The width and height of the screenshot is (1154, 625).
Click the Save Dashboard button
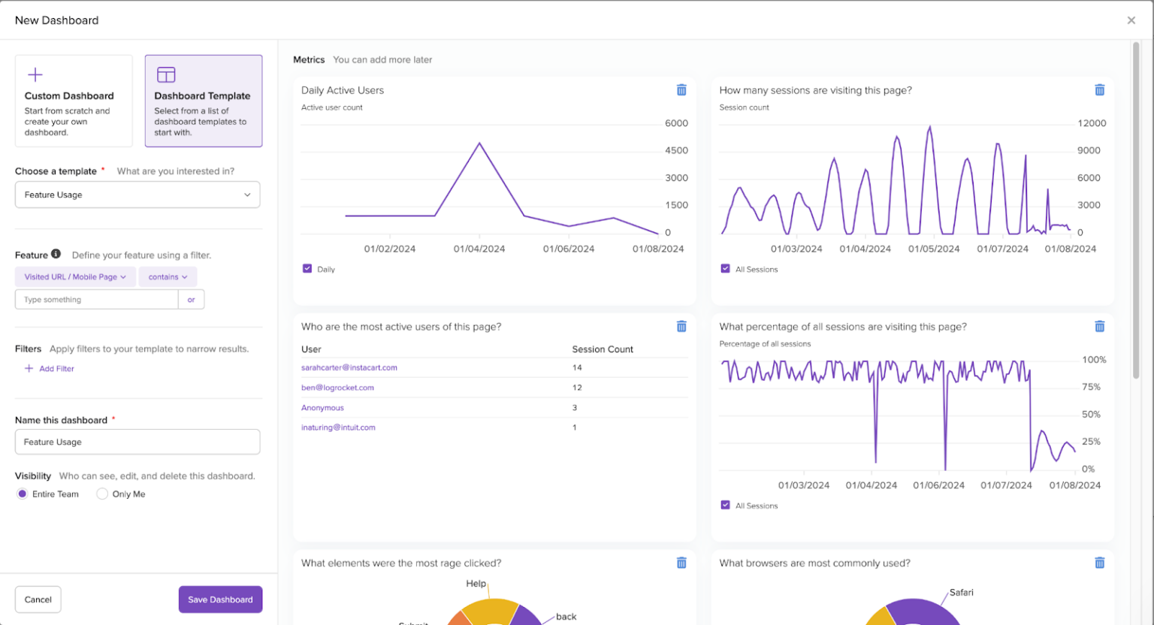[220, 599]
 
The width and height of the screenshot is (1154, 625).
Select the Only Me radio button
[102, 494]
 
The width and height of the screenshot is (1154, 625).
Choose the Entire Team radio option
[23, 494]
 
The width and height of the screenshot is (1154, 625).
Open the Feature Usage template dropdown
[137, 195]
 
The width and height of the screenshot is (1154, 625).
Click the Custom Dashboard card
[74, 101]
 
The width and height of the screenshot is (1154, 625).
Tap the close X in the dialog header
[1131, 20]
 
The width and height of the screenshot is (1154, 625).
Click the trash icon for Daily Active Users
[681, 90]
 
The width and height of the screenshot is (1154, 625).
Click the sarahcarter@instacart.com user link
[349, 368]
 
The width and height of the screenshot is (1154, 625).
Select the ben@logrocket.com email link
[337, 388]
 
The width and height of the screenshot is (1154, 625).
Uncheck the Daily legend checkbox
[307, 269]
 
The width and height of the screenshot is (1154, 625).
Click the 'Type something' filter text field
[96, 300]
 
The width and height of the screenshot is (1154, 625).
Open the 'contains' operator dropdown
[168, 277]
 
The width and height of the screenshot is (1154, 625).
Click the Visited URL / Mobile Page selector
[75, 277]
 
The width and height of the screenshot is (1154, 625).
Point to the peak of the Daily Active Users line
[479, 143]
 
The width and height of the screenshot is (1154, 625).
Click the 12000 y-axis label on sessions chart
[1091, 123]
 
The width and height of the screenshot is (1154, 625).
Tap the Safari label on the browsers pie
[961, 593]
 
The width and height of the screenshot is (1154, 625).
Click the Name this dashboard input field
[137, 442]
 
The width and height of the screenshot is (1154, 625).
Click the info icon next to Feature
[56, 255]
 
